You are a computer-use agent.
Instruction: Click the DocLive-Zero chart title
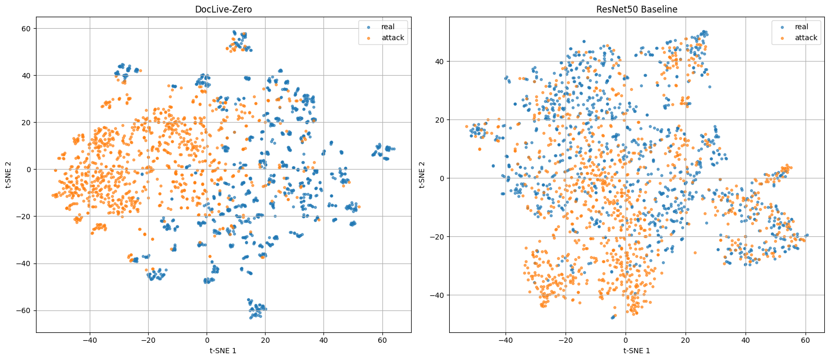(x=223, y=9)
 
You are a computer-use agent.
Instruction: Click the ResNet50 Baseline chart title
(x=636, y=9)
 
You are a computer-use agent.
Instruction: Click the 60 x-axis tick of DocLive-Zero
(x=382, y=339)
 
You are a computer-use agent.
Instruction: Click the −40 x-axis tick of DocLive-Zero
(x=89, y=339)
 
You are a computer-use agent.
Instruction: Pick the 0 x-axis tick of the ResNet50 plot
(x=626, y=339)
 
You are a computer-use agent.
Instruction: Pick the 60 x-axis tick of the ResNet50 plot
(x=806, y=339)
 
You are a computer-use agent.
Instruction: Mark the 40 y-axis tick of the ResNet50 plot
(x=440, y=61)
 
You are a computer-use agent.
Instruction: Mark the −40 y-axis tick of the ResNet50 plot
(x=438, y=295)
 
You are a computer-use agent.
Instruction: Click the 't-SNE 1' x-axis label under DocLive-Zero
(x=223, y=351)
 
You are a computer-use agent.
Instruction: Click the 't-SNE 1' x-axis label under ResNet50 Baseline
(x=636, y=351)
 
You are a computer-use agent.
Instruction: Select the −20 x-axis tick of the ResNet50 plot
(x=566, y=339)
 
